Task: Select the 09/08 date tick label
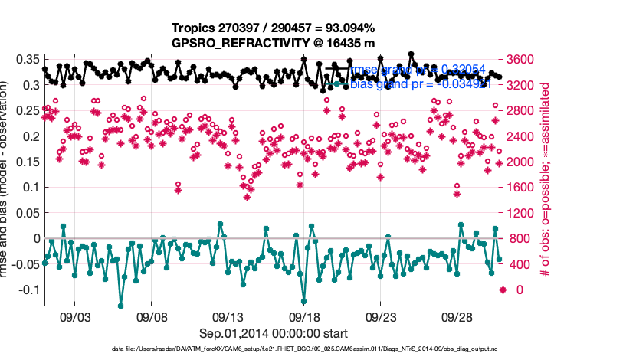[x=152, y=316]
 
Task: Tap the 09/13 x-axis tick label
[x=228, y=316]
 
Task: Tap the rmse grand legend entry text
[x=417, y=70]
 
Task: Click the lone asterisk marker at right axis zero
[x=503, y=290]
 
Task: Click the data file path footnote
[x=274, y=349]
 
